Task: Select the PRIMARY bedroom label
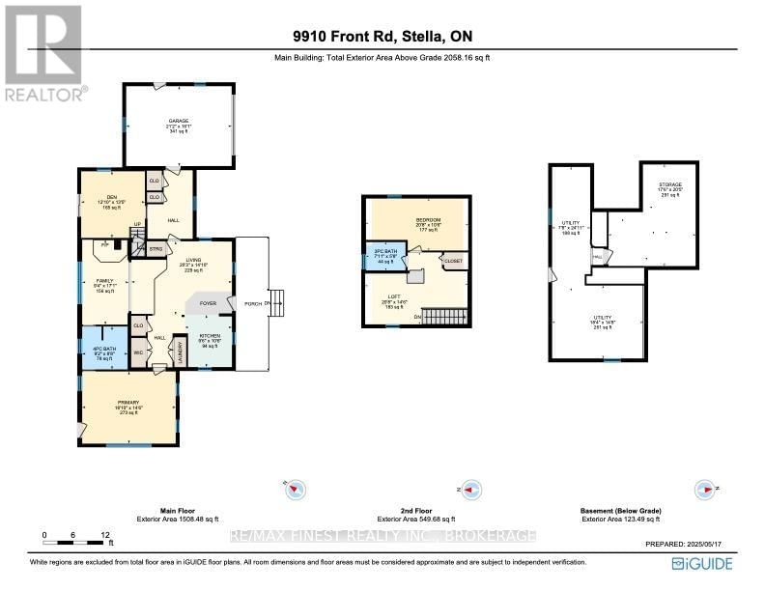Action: point(128,405)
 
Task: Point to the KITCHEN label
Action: point(210,335)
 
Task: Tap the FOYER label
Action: point(208,303)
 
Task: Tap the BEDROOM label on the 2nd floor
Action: point(428,220)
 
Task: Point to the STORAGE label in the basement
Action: point(669,184)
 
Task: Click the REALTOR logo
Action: point(44,52)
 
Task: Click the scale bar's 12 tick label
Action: point(104,534)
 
